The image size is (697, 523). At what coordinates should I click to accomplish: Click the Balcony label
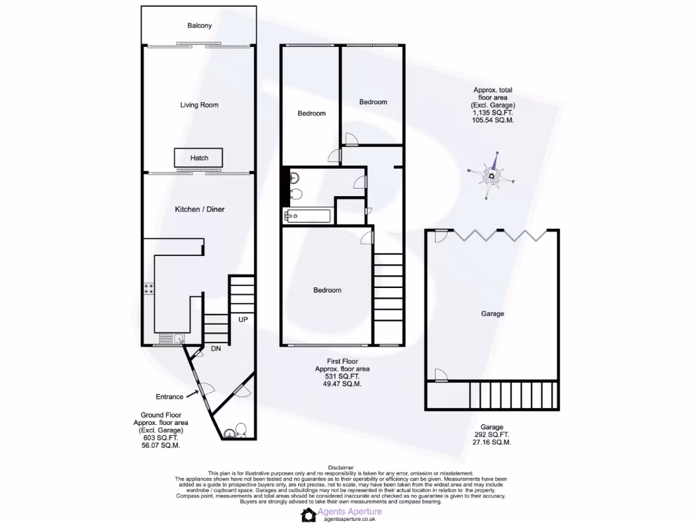coord(199,26)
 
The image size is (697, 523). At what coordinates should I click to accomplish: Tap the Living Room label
coord(199,105)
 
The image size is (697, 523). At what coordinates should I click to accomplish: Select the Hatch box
coord(199,158)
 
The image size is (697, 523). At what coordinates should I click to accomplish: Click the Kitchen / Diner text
coord(199,209)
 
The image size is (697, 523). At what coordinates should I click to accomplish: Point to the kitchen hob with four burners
coord(147,289)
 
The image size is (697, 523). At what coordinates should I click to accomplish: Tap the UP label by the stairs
coord(242,319)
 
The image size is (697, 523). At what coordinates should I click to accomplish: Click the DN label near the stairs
coord(215,349)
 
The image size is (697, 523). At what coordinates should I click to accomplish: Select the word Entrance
coord(169,397)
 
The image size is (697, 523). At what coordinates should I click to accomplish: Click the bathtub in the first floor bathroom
coord(308,217)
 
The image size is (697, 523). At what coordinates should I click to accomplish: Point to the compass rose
coord(491,176)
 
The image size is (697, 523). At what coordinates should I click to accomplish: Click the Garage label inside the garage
coord(492,314)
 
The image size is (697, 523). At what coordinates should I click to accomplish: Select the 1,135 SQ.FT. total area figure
coord(492,112)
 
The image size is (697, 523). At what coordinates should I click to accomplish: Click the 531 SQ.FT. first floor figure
coord(337,377)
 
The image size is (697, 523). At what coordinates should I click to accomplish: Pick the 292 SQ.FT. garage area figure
coord(492,434)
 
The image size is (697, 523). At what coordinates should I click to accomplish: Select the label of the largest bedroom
coord(327,290)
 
